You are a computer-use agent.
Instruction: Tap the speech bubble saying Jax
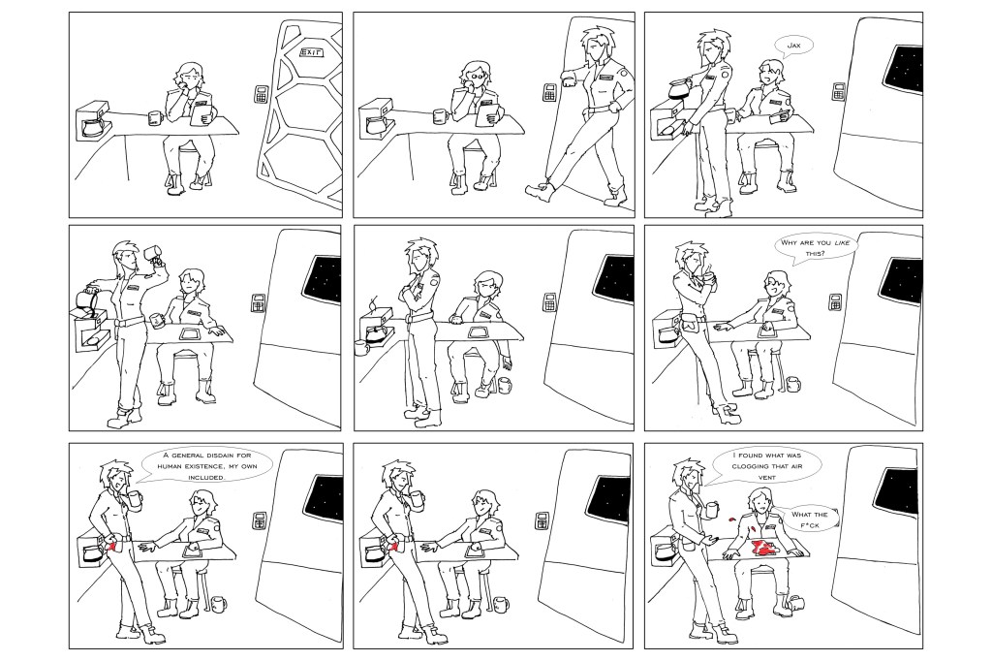coord(792,46)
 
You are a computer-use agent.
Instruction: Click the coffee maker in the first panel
coord(93,120)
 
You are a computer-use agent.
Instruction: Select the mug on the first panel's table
coord(154,118)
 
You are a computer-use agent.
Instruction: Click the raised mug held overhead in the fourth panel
coord(152,254)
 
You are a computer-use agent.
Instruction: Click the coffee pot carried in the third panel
coord(673,93)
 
